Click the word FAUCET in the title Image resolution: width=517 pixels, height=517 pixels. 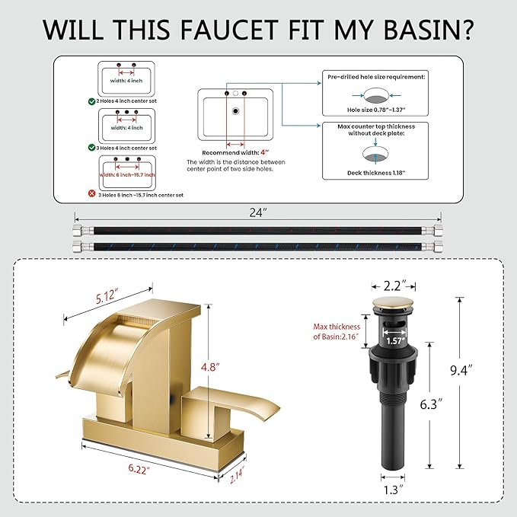click(x=229, y=30)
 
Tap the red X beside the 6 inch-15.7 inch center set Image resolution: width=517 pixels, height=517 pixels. click(x=91, y=193)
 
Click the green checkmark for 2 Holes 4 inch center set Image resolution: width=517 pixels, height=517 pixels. click(x=91, y=101)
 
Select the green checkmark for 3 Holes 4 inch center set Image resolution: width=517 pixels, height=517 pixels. click(x=91, y=148)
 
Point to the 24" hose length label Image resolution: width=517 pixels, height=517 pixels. click(x=258, y=212)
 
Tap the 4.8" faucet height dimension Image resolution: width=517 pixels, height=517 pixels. click(x=210, y=367)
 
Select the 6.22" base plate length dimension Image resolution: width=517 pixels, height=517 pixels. click(x=139, y=469)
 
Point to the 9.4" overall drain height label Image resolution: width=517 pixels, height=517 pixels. click(x=461, y=370)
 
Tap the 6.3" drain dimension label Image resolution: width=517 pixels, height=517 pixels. click(x=431, y=404)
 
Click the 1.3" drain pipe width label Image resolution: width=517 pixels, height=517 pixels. click(x=393, y=490)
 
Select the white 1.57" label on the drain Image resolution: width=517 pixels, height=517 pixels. click(x=395, y=341)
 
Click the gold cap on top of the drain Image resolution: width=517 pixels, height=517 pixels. click(x=392, y=303)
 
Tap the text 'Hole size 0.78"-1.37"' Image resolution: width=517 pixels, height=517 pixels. click(x=376, y=110)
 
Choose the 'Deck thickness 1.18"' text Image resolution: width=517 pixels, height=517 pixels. click(x=376, y=173)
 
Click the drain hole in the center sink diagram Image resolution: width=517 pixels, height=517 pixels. click(x=235, y=111)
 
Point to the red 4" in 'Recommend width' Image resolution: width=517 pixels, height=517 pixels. click(x=265, y=152)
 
